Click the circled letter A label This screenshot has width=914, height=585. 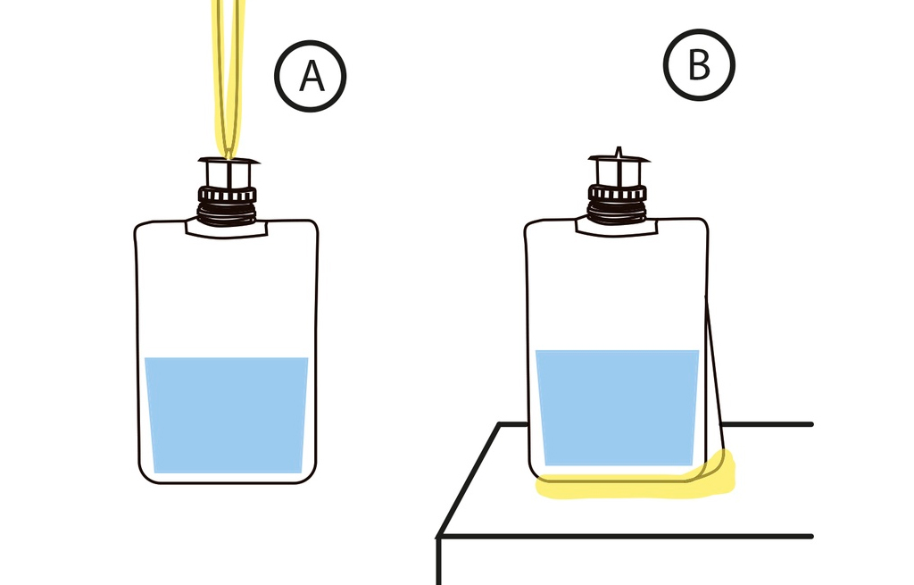tap(310, 77)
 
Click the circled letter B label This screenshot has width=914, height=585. tap(699, 65)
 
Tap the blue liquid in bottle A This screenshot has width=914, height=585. tap(227, 414)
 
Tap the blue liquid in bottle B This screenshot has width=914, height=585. tap(617, 407)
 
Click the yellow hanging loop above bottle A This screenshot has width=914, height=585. tap(228, 71)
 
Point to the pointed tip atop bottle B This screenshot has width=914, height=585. tap(618, 151)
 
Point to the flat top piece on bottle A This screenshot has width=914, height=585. tap(228, 162)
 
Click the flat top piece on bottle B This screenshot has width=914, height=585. tap(617, 161)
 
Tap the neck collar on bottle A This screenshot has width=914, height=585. tap(226, 228)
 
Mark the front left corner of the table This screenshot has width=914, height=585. tap(439, 536)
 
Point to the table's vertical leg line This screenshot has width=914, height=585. tap(439, 563)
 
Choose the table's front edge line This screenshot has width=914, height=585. tap(625, 536)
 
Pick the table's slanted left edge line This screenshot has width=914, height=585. tap(469, 480)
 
